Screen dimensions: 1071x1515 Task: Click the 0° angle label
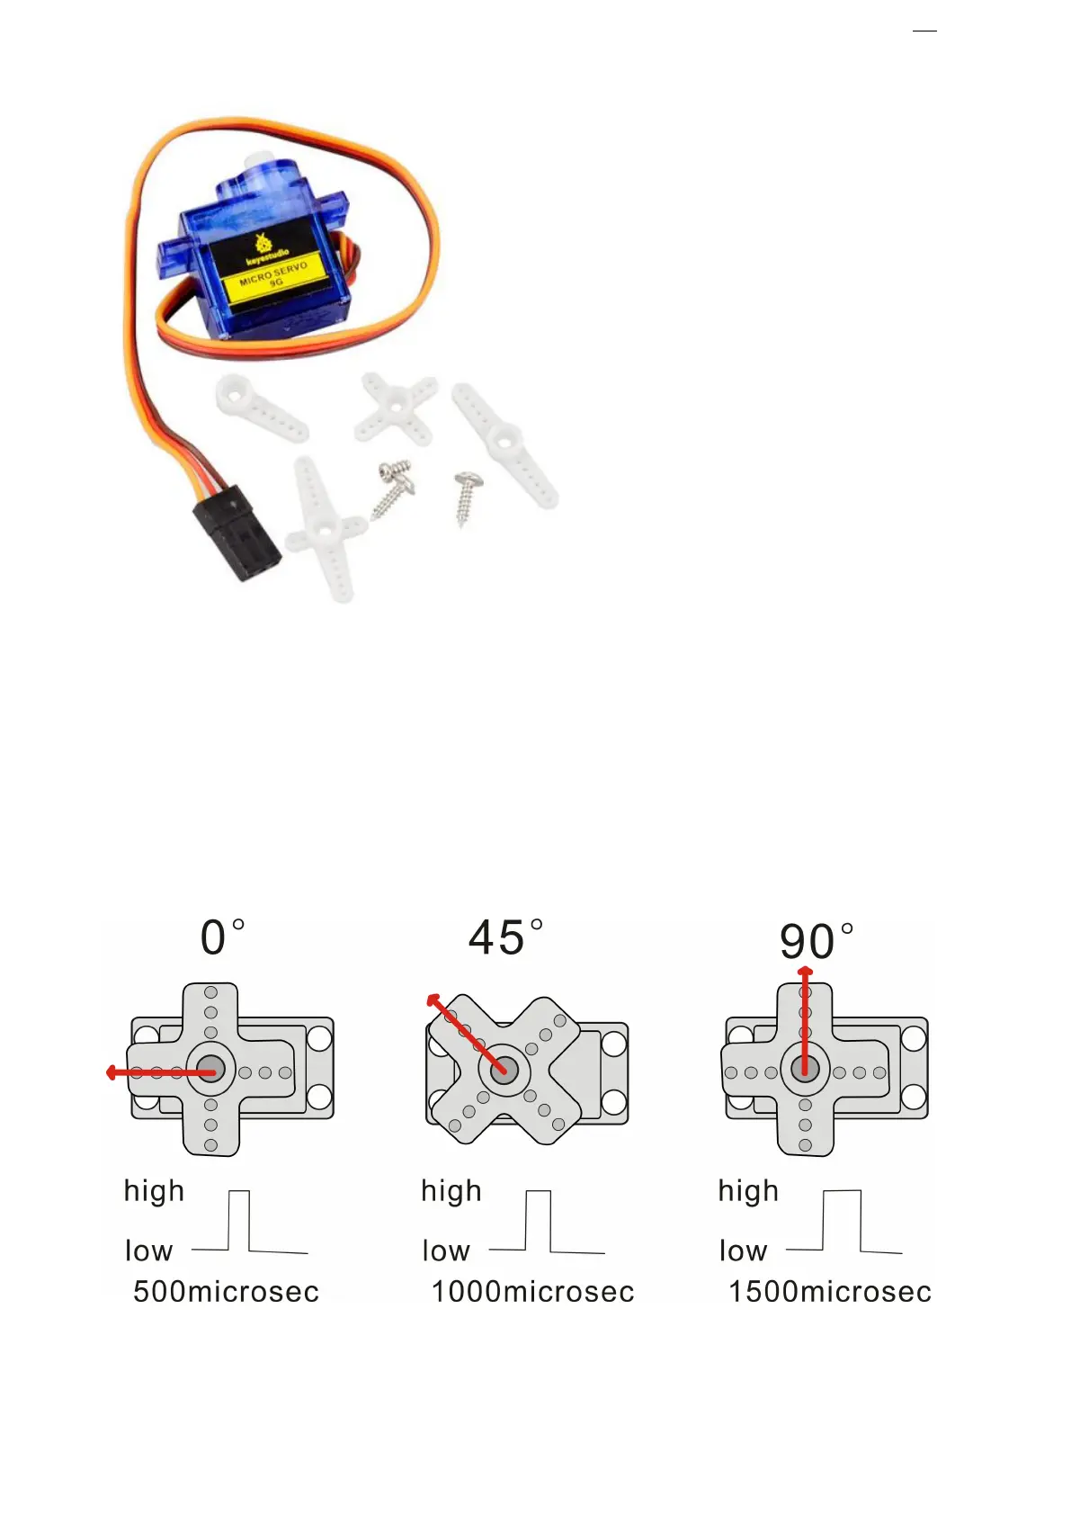coord(221,937)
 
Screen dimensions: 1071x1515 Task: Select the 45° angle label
coord(505,937)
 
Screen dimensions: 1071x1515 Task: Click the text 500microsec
coord(226,1292)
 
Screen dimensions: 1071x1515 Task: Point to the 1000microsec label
coord(532,1292)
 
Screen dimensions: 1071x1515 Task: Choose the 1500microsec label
coord(829,1292)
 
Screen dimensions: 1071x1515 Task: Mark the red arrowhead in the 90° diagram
coord(805,972)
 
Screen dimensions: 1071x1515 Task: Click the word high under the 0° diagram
coord(154,1191)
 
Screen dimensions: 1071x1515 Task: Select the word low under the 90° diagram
coord(743,1251)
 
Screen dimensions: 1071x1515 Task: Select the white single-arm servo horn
coord(261,408)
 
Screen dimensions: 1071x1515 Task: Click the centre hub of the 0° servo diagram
coord(210,1069)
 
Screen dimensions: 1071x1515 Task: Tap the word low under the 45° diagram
coord(446,1251)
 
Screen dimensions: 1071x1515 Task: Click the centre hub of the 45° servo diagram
coord(504,1071)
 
